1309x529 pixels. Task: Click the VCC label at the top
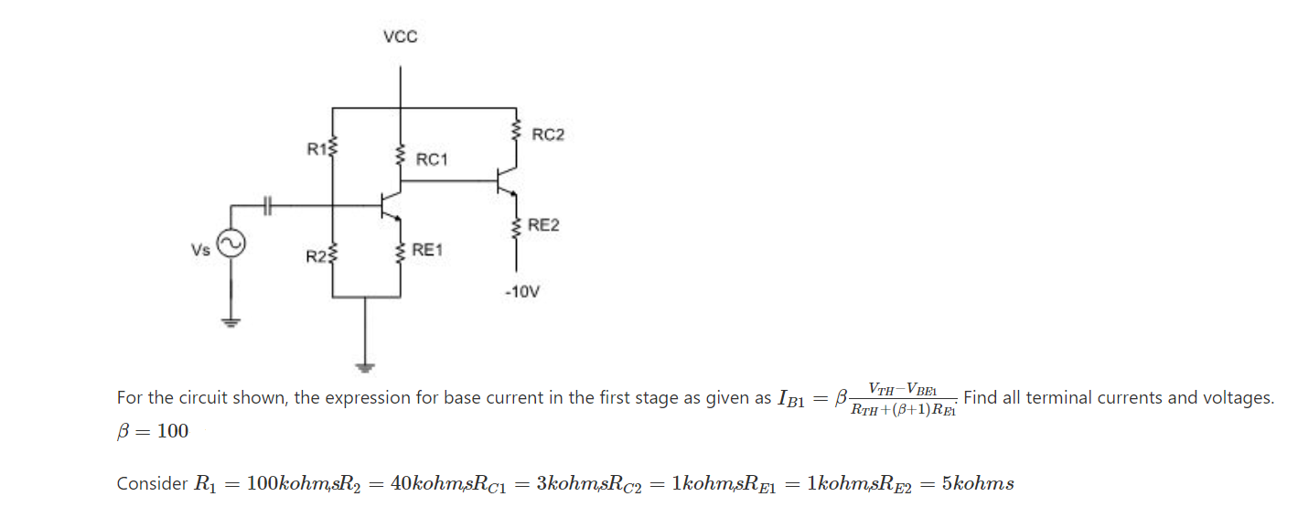(400, 37)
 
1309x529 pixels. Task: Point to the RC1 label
(432, 159)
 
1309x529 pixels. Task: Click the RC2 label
(548, 135)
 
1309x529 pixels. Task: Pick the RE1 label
(427, 249)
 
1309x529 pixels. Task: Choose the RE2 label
(543, 225)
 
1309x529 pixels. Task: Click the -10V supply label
(521, 293)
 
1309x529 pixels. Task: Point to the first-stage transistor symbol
(389, 206)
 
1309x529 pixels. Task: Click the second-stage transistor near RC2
(506, 181)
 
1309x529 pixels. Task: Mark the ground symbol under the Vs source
(230, 321)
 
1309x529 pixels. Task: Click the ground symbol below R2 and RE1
(366, 367)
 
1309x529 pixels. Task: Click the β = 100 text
(153, 431)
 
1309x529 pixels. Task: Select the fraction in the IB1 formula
(902, 399)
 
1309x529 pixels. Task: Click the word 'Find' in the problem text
(984, 398)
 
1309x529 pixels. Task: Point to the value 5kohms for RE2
(978, 484)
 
